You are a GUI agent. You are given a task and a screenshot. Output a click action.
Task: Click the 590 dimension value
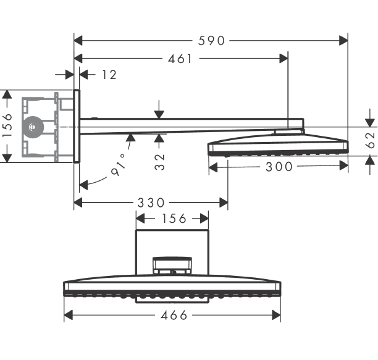[x=211, y=41]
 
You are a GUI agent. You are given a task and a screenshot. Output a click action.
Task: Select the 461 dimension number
[x=180, y=59]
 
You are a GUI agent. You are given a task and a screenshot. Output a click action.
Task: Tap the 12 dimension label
[x=109, y=75]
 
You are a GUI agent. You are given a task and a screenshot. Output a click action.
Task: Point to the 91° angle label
[x=119, y=165]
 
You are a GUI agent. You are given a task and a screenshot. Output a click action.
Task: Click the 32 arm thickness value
[x=159, y=162]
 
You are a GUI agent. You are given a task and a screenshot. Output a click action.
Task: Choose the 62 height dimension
[x=371, y=140]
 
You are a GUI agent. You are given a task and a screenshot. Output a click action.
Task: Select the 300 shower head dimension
[x=279, y=167]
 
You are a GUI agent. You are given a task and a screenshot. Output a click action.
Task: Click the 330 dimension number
[x=151, y=203]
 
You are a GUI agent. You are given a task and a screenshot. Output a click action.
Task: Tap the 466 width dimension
[x=174, y=315]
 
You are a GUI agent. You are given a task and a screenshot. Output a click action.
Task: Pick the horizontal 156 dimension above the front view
[x=174, y=219]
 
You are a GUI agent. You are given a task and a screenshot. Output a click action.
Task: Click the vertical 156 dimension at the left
[x=7, y=125]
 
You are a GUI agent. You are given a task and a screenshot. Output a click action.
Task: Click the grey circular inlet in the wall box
[x=33, y=127]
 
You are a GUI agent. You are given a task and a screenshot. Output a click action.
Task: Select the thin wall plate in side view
[x=77, y=126]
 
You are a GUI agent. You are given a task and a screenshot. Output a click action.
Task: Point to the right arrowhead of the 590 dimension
[x=343, y=41]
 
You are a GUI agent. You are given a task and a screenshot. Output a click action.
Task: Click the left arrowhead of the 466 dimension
[x=69, y=315]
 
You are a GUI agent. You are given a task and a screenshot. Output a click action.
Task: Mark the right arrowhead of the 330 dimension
[x=224, y=203]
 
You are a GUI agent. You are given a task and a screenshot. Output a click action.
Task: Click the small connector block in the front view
[x=172, y=266]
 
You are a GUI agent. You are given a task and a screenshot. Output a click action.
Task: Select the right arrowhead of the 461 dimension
[x=283, y=58]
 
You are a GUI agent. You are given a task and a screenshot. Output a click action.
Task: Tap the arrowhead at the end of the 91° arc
[x=83, y=185]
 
